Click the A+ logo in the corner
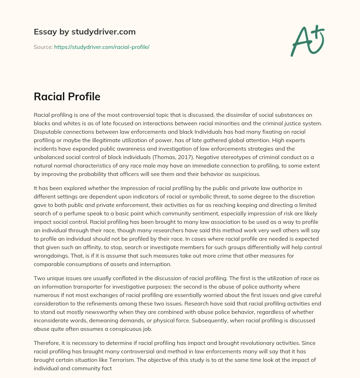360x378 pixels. tap(307, 41)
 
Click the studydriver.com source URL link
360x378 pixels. tap(102, 47)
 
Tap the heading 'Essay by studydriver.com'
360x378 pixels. tap(84, 32)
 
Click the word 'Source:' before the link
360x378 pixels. tap(43, 47)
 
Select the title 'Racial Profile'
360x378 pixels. tap(67, 96)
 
